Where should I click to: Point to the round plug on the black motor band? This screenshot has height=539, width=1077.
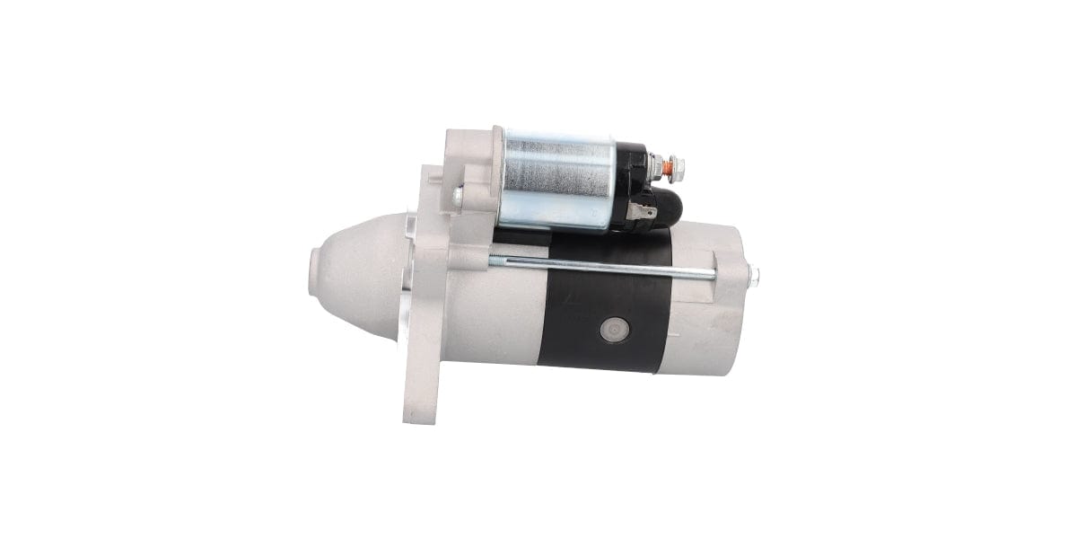point(614,330)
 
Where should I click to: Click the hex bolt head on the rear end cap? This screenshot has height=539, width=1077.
point(753,278)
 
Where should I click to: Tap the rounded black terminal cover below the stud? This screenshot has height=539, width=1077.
point(666,206)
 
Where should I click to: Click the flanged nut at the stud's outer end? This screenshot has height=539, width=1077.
point(676,167)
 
